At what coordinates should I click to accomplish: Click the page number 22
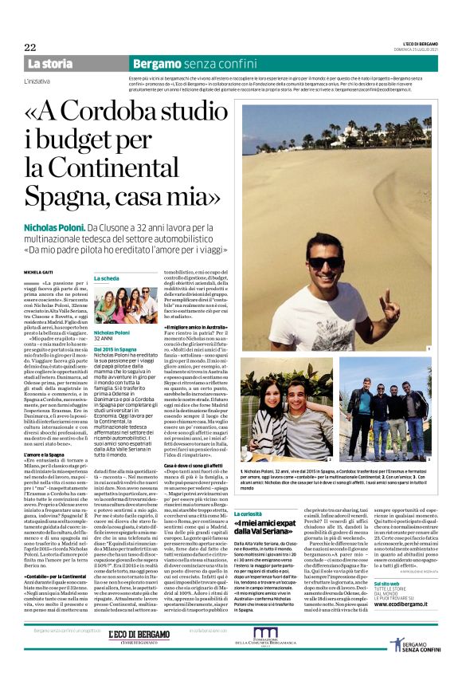[x=30, y=47]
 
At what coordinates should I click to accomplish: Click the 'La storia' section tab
[x=49, y=63]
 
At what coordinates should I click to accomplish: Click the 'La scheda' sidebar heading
[x=108, y=278]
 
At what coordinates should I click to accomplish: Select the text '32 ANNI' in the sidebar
[x=105, y=339]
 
